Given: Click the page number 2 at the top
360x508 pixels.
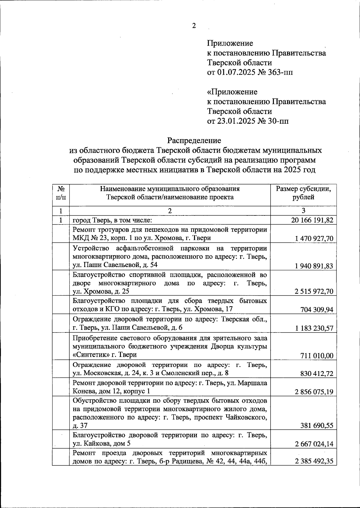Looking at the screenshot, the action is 194,26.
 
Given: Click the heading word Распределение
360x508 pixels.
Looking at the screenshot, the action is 194,140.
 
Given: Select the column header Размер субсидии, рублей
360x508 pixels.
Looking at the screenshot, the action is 303,193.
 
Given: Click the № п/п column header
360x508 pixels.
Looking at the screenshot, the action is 61,193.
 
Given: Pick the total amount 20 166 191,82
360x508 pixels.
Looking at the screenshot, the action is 312,220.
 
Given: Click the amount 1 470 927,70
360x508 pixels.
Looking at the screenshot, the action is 314,239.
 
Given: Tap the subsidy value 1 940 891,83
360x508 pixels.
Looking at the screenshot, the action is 314,266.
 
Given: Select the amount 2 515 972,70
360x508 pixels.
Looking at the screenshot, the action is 314,291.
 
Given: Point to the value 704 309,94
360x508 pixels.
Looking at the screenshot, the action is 317,310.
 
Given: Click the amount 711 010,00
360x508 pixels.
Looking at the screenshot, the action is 317,356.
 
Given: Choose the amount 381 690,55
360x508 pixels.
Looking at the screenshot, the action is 317,425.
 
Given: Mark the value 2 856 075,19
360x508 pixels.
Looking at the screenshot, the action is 314,392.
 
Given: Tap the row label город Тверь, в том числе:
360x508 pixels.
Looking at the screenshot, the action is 113,220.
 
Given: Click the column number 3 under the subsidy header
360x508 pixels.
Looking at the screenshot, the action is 303,211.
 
